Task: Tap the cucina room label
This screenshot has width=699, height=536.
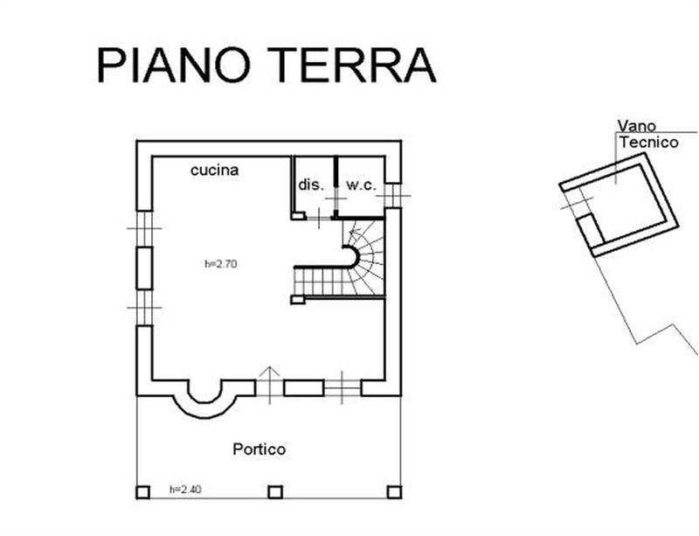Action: pyautogui.click(x=214, y=171)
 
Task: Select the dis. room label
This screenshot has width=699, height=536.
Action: pyautogui.click(x=311, y=185)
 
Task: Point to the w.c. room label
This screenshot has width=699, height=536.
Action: pyautogui.click(x=361, y=185)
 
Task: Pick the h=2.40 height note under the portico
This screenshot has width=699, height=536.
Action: pyautogui.click(x=186, y=490)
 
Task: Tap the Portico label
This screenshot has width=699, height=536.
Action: pyautogui.click(x=259, y=449)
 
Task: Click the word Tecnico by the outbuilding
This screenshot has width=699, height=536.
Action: pyautogui.click(x=648, y=142)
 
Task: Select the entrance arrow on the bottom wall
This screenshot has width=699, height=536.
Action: pyautogui.click(x=270, y=382)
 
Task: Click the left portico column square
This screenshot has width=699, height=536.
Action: pyautogui.click(x=142, y=491)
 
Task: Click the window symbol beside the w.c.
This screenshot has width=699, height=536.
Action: pyautogui.click(x=392, y=194)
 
